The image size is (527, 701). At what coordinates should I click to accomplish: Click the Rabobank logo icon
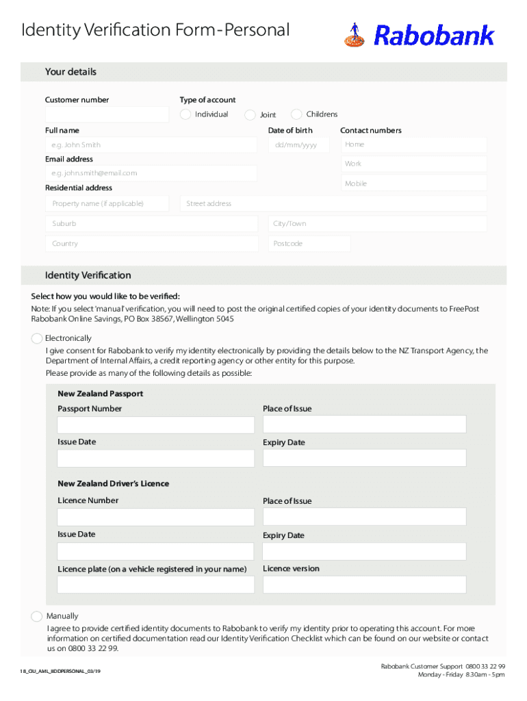[354, 35]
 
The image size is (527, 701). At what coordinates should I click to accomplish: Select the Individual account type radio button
[185, 114]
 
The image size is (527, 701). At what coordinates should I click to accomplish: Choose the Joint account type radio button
[250, 114]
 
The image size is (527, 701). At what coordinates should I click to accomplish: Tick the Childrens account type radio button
[296, 114]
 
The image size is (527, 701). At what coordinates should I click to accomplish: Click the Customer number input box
[107, 114]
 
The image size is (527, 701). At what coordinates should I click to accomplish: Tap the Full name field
[151, 145]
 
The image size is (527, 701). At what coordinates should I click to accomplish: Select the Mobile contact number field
[413, 183]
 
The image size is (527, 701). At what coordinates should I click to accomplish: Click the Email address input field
[151, 173]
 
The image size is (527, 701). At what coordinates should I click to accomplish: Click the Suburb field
[151, 224]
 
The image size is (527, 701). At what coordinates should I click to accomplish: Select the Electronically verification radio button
[37, 338]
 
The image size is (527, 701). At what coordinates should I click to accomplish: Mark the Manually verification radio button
[37, 616]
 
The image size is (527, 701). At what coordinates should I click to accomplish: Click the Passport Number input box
[155, 424]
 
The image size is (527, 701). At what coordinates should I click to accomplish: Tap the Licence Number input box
[155, 517]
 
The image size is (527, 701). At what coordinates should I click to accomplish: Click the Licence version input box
[364, 585]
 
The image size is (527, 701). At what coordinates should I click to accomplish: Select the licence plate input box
[155, 585]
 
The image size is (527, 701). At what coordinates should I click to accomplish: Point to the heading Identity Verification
[88, 275]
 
